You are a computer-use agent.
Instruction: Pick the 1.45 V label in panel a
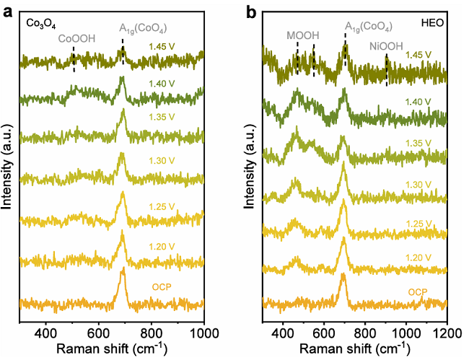coord(164,48)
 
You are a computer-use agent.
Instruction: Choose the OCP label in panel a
coord(162,288)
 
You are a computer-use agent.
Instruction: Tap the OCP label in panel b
coord(418,292)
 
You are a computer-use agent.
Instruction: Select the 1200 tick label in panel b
coord(447,333)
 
